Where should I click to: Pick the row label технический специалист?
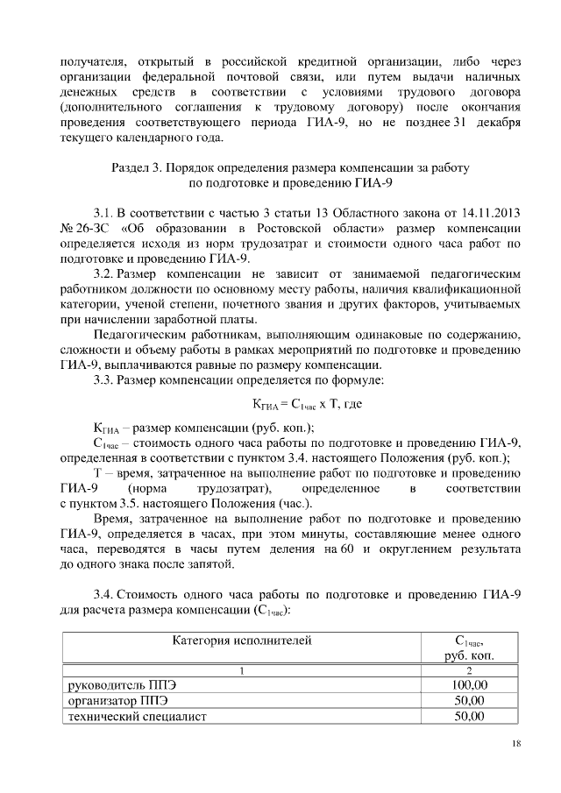pos(136,718)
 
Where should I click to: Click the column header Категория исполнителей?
pos(242,641)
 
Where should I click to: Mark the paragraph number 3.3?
pos(103,381)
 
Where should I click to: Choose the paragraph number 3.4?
pos(103,594)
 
